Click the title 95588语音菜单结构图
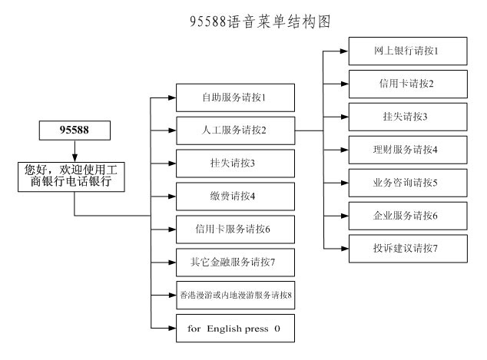tap(260, 21)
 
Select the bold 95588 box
tap(75, 130)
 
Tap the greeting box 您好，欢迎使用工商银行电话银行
tap(71, 177)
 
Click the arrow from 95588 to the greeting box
tap(75, 151)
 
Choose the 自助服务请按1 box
tap(235, 97)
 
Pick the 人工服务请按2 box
tap(235, 130)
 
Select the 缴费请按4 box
tap(235, 197)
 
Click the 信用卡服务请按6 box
tap(235, 230)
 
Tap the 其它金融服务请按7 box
tap(235, 263)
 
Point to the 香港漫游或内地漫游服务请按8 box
tap(235, 295)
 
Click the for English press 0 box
tap(235, 328)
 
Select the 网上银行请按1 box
tap(408, 51)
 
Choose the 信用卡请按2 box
tap(408, 84)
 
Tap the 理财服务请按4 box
tap(408, 150)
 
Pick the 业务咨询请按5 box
tap(408, 183)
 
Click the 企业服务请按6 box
tap(408, 216)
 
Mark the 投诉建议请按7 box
tap(408, 249)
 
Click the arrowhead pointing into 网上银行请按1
tap(344, 51)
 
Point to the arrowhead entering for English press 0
tap(172, 328)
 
